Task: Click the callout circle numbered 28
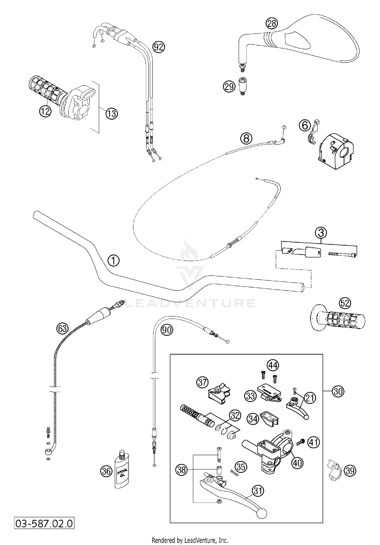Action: pyautogui.click(x=272, y=24)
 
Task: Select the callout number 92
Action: pyautogui.click(x=159, y=47)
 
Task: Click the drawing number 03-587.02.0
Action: pyautogui.click(x=44, y=523)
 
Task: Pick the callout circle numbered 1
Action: pyautogui.click(x=113, y=260)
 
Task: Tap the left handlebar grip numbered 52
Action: pyautogui.click(x=338, y=320)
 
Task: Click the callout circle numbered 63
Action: pyautogui.click(x=62, y=328)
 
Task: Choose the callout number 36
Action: pyautogui.click(x=106, y=471)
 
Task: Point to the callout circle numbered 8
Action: pyautogui.click(x=246, y=138)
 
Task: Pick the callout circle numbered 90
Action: pyautogui.click(x=167, y=330)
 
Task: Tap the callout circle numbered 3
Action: pyautogui.click(x=321, y=232)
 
